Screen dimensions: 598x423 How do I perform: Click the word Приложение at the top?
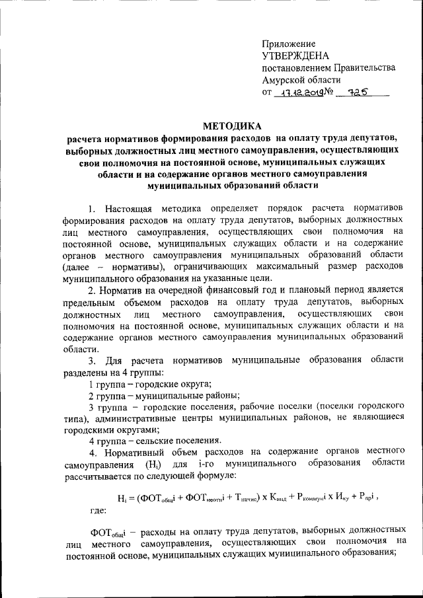point(288,43)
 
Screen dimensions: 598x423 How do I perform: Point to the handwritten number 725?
point(358,94)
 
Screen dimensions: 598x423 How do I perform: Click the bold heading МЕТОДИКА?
point(232,126)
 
